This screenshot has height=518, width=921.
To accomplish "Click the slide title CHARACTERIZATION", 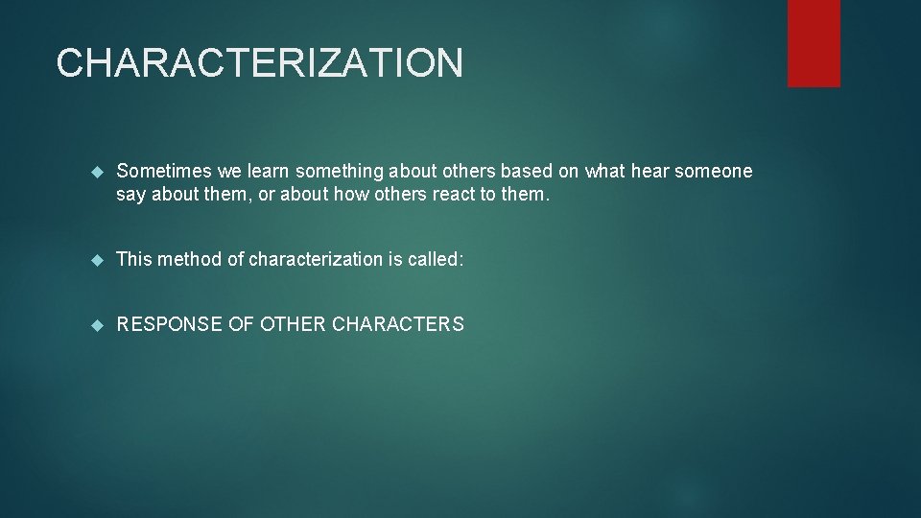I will pos(259,63).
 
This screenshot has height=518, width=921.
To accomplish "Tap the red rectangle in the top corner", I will pos(814,43).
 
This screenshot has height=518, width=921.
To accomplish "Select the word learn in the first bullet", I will pos(269,172).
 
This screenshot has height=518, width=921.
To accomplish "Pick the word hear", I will pos(649,172).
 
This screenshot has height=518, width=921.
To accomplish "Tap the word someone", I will pos(714,172).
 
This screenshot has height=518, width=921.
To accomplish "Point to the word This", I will pos(134,259).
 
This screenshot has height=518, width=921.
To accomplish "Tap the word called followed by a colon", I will pos(437,259).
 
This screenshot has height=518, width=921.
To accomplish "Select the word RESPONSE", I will pos(169,324).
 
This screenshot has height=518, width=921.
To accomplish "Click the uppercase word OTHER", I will pos(291,324).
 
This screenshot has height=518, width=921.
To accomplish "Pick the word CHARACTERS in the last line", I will pos(397,324).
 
